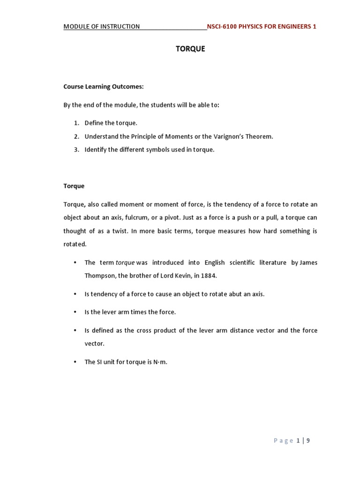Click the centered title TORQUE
190,49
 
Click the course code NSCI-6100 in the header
222,26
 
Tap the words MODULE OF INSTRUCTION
102,26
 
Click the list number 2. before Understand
76,136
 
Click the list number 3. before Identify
76,150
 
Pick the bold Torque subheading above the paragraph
74,186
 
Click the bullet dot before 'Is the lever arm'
75,312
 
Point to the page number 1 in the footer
298,441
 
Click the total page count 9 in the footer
308,441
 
